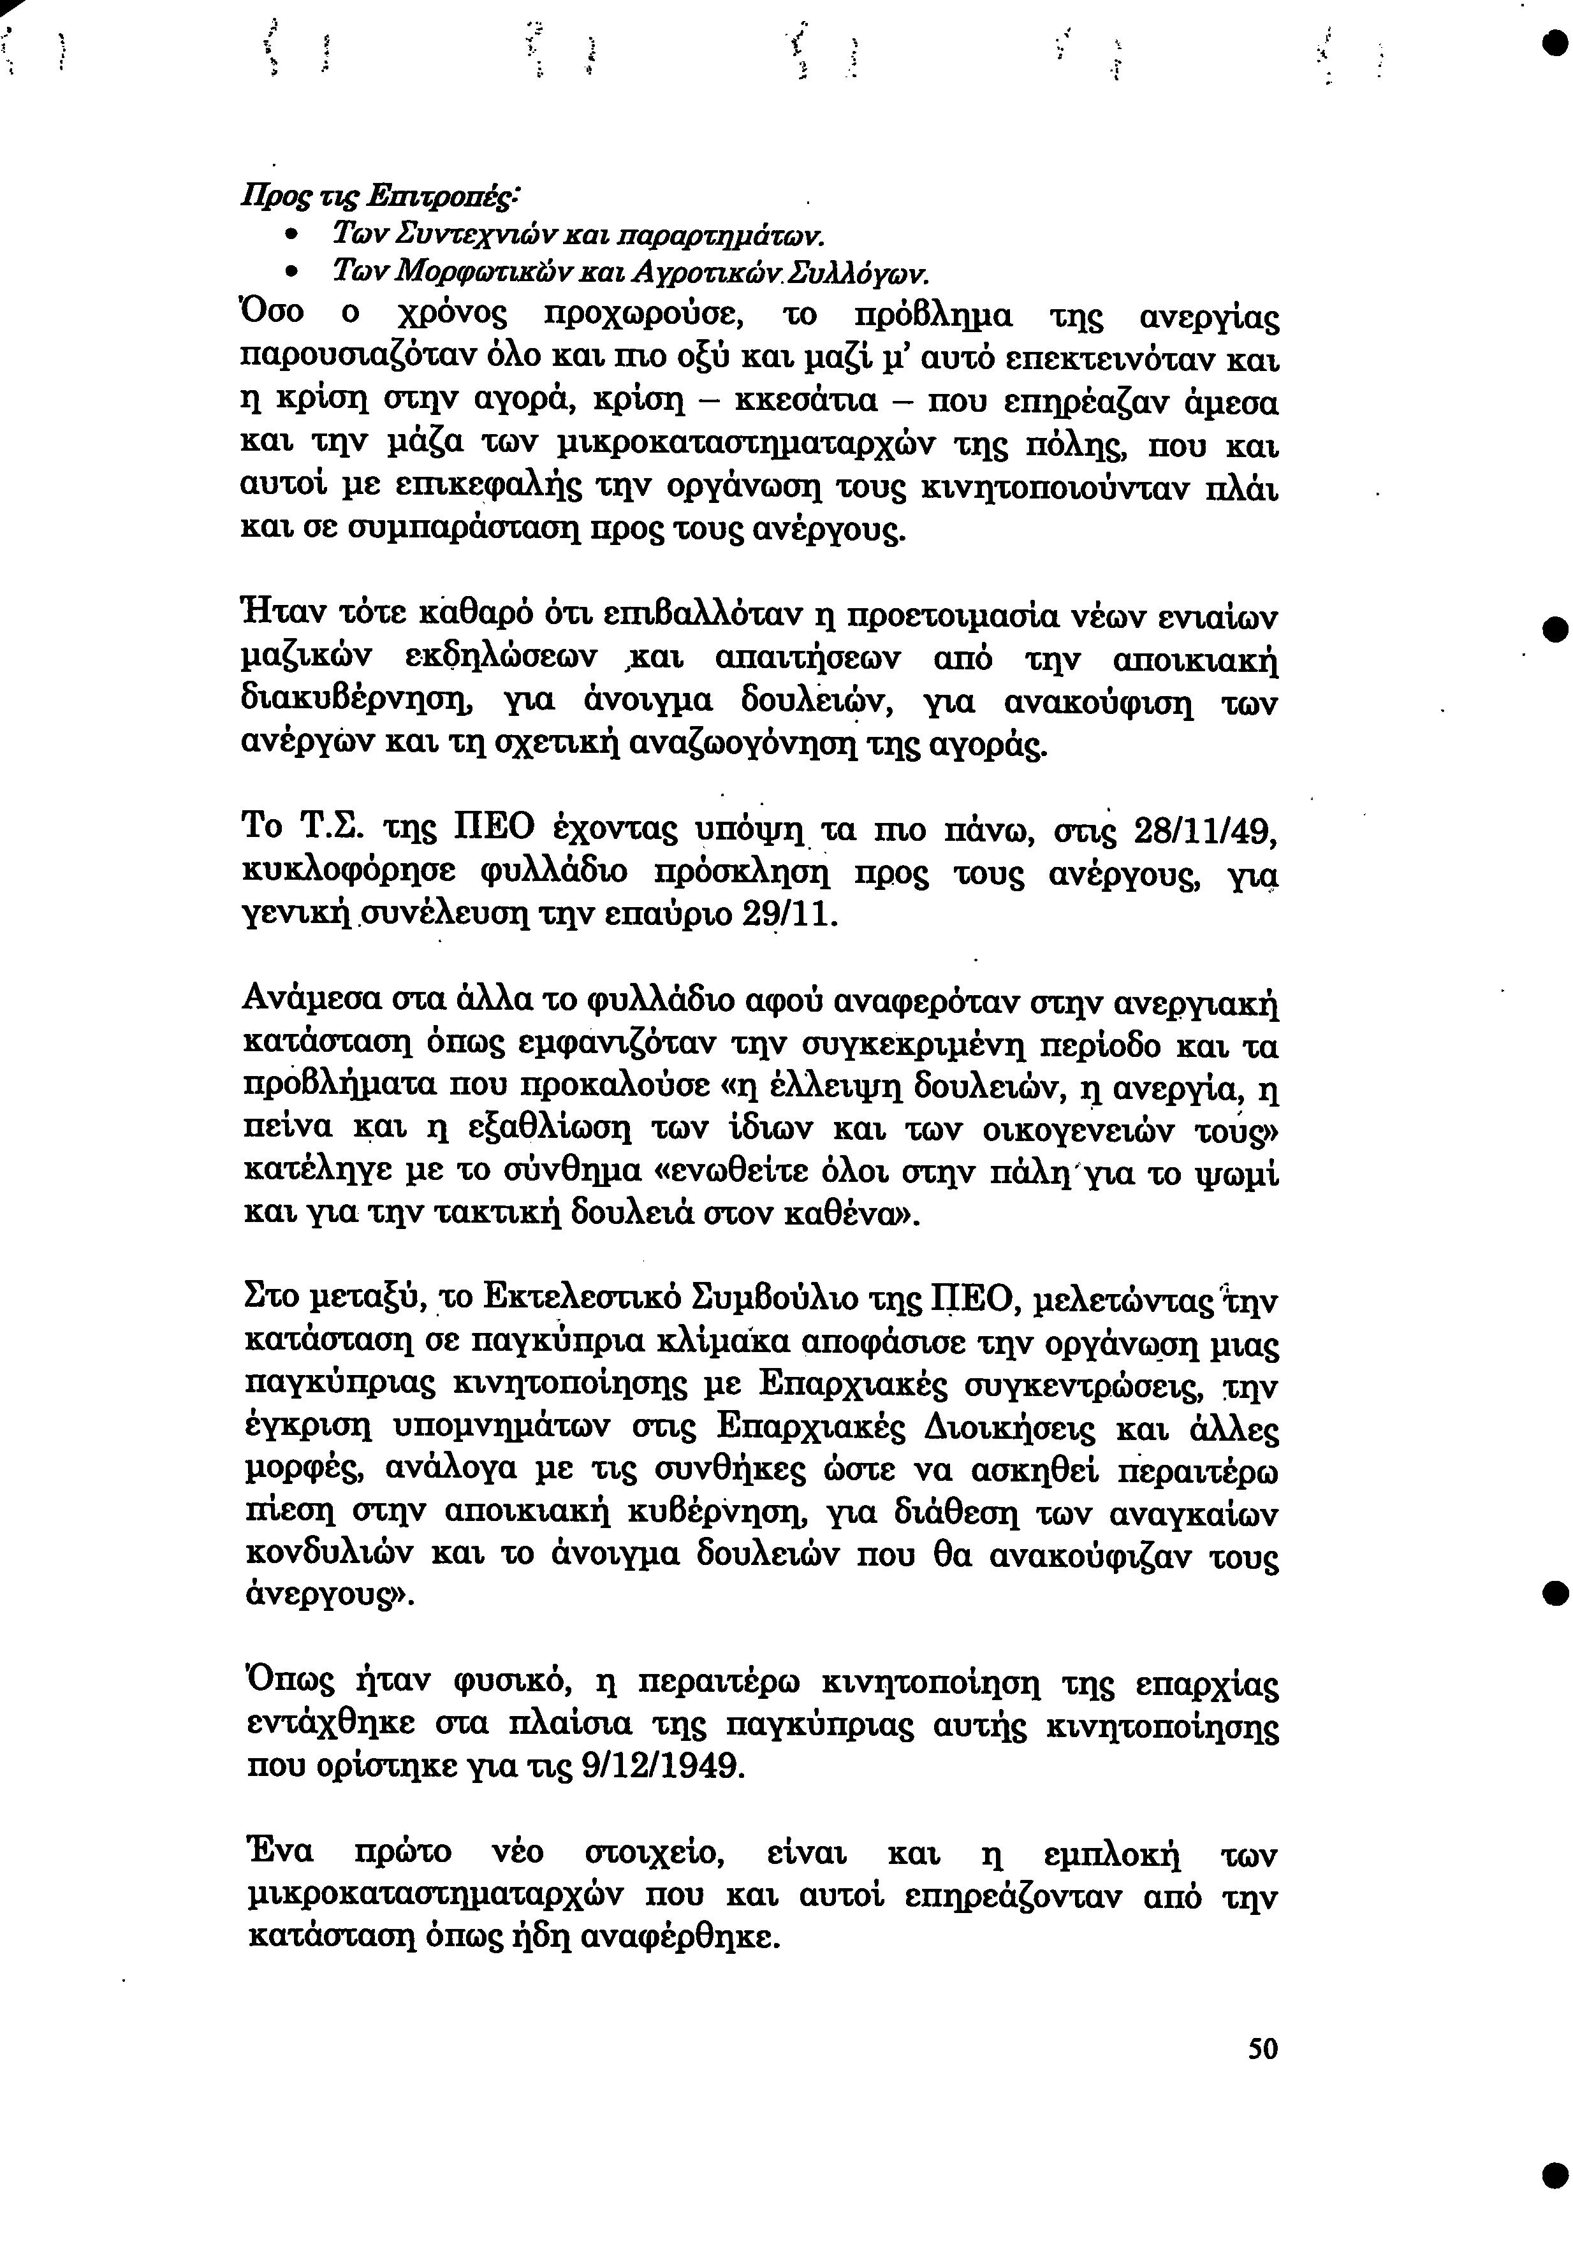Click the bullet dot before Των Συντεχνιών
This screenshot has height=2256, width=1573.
292,237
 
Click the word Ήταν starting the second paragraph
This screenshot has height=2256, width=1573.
281,617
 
